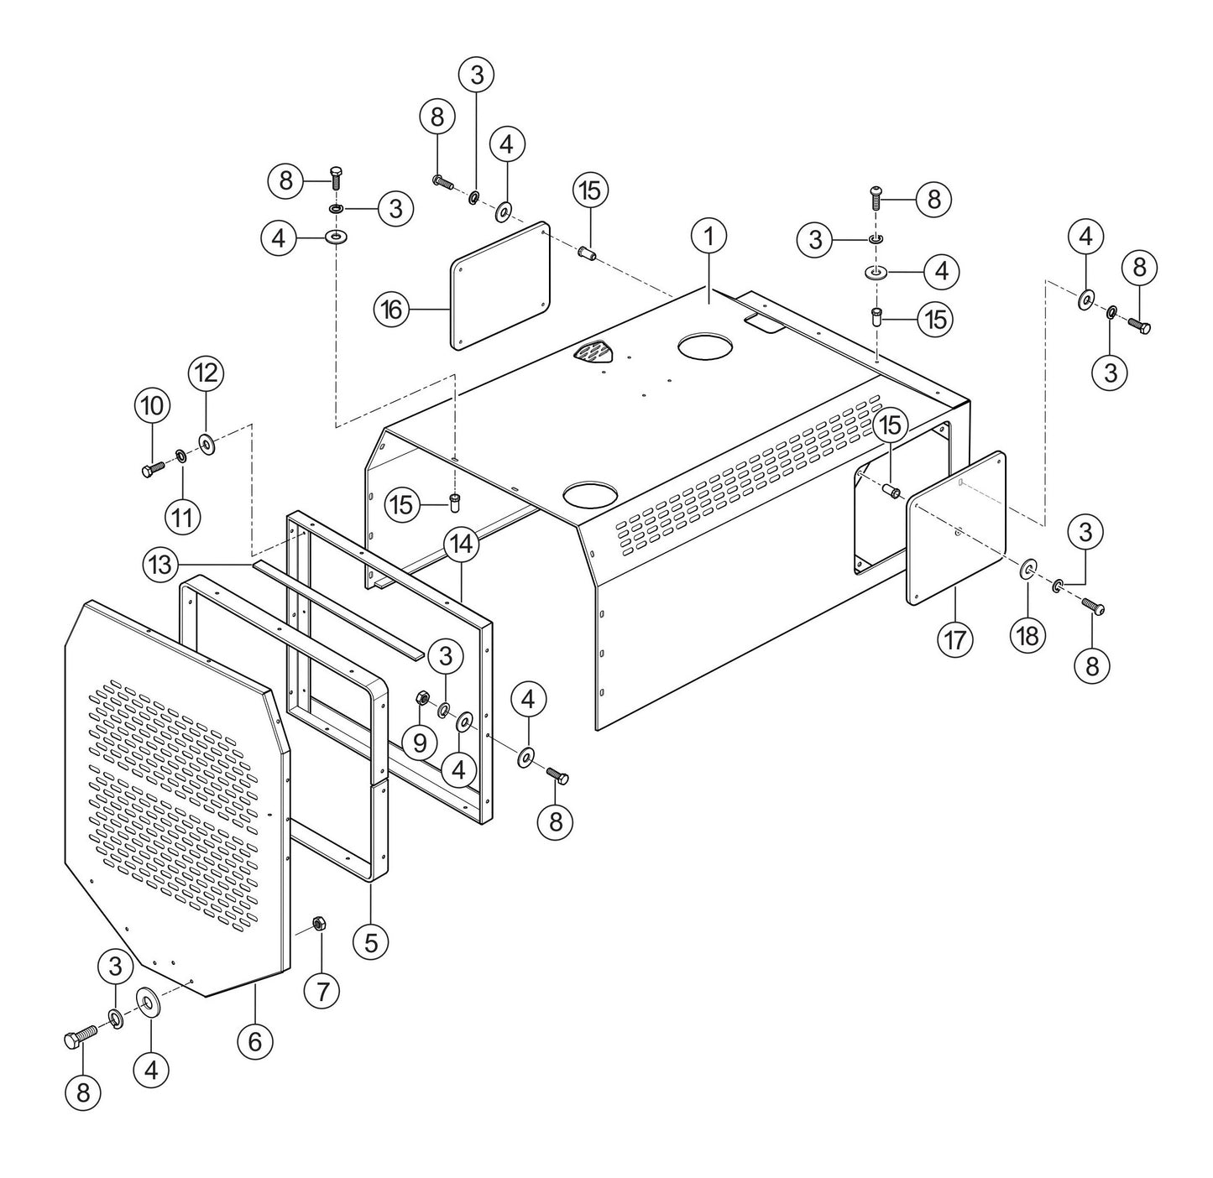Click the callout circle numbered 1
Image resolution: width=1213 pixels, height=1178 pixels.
click(708, 237)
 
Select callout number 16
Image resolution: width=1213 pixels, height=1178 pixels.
click(391, 310)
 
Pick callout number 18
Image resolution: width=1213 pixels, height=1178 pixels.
click(1027, 635)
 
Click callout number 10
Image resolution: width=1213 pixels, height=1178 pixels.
click(152, 406)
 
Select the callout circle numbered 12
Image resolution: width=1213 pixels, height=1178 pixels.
click(206, 373)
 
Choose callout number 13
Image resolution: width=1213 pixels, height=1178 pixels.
click(159, 563)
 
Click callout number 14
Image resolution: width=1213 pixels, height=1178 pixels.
click(462, 544)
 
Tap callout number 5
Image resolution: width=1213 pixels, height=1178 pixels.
click(370, 941)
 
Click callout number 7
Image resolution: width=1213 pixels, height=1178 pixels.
click(322, 991)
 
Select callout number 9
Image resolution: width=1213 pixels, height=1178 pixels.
click(420, 742)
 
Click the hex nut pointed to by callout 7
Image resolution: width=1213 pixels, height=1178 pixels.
click(319, 923)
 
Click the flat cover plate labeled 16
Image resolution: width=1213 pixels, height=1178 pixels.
click(501, 285)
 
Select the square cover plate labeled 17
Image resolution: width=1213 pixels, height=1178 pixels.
click(956, 529)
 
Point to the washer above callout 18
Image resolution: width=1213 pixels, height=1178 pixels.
click(1027, 571)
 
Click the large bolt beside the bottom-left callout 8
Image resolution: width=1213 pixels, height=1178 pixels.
click(81, 1039)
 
